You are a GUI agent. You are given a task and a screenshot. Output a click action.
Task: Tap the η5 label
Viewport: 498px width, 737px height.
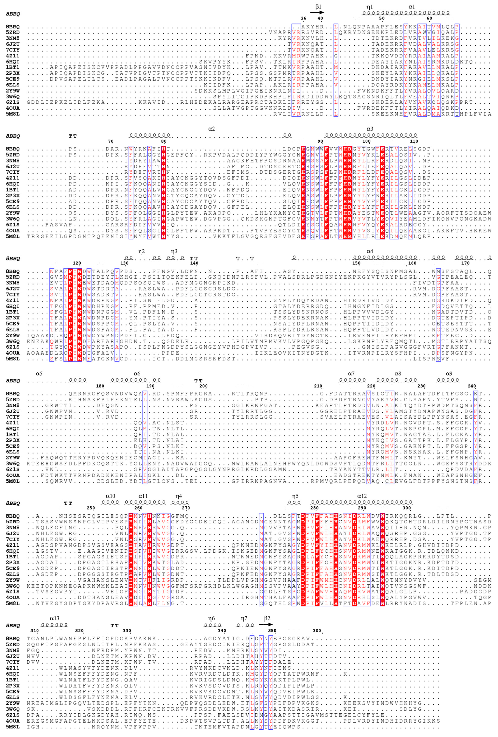click(295, 496)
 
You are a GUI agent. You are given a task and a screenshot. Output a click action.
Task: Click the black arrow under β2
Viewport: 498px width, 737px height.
click(265, 624)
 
